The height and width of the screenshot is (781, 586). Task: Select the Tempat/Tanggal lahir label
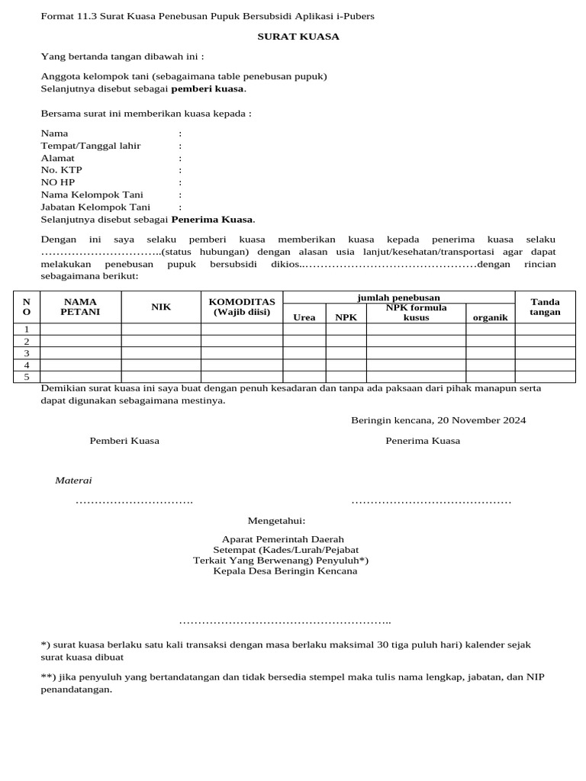(x=90, y=146)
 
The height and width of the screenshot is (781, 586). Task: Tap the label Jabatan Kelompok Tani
(x=95, y=207)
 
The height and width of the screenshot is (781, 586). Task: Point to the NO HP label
(x=57, y=182)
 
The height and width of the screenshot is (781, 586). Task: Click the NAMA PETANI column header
(x=80, y=307)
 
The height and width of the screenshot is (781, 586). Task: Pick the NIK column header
(x=161, y=307)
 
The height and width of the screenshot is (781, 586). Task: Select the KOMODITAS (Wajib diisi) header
(x=242, y=307)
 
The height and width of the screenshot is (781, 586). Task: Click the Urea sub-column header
(x=304, y=317)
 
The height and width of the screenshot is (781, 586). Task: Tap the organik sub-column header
(x=490, y=317)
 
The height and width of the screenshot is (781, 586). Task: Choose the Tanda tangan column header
(x=545, y=307)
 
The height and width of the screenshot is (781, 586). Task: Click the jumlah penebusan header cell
(x=399, y=297)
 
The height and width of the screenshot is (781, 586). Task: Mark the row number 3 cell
(x=27, y=353)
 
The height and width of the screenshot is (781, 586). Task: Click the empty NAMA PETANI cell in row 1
(x=80, y=329)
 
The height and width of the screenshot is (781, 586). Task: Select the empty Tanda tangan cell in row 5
(x=545, y=377)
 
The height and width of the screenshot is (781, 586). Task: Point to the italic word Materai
(x=73, y=480)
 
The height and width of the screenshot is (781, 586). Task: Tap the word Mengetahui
(x=276, y=521)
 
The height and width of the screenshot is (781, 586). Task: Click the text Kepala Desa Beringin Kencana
(x=285, y=570)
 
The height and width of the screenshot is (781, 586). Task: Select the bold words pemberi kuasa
(x=207, y=88)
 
